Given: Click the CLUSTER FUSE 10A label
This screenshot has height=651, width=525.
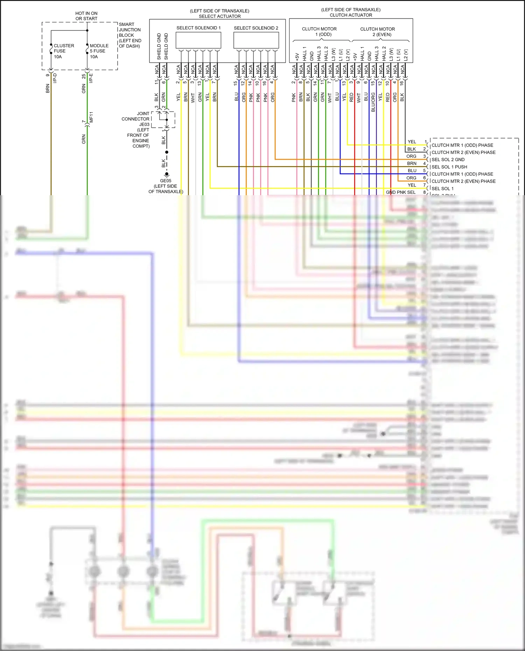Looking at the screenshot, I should coord(63,51).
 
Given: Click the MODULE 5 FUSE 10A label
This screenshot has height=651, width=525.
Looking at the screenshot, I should coord(99,51).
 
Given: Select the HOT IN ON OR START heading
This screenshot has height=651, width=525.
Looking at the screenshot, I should coord(86,16).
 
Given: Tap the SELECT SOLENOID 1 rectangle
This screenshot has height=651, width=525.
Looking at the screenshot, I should coord(198,40).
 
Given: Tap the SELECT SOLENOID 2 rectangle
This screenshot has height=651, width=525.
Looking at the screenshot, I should coord(256,40).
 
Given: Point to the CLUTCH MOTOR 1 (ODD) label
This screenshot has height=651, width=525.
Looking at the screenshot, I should coord(319,31).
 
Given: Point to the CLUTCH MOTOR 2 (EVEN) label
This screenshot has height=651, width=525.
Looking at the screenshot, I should coord(377,31).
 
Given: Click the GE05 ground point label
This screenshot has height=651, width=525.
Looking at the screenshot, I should coord(166,181).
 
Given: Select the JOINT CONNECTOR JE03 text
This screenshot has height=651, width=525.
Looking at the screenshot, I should coord(136,119).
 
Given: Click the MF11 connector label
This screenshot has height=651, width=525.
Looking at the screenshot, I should coord(91,117).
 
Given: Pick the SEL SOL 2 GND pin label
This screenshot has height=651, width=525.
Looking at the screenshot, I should coord(448,160).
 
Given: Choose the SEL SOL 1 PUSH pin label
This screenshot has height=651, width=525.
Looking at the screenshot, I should coord(449,167).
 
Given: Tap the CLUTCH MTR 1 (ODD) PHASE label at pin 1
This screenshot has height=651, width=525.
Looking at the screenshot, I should coord(462,145).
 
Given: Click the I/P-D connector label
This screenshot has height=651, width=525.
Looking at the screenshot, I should coord(55,78).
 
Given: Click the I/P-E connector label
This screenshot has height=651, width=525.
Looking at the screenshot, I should coord(91,78).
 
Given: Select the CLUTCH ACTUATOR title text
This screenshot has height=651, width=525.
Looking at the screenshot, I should coord(351,15).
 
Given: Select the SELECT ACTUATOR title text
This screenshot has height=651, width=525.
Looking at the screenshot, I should coord(220,16).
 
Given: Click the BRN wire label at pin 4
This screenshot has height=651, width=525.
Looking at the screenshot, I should coord(412,163).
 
